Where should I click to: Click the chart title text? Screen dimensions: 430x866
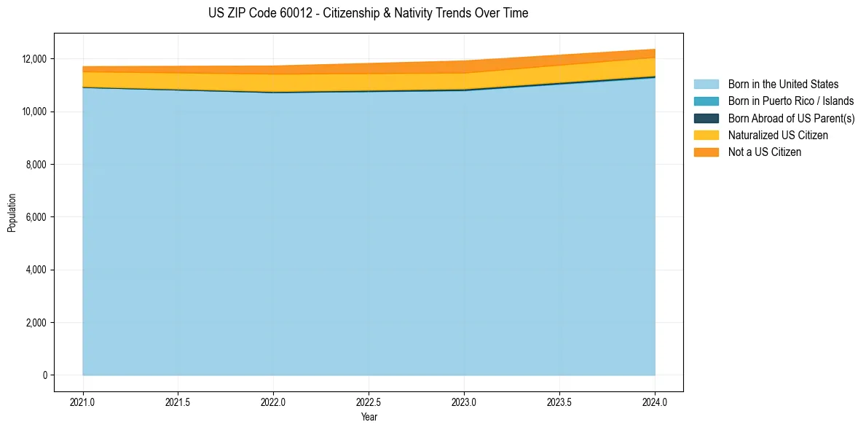[368, 13]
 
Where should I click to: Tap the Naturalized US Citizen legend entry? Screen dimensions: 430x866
[778, 136]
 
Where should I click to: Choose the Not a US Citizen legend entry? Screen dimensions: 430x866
[765, 152]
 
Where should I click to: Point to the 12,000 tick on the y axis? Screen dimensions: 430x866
[34, 59]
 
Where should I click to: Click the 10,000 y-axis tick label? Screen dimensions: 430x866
[34, 112]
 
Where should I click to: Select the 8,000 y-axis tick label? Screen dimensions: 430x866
[36, 165]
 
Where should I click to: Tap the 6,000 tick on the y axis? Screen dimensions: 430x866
[36, 217]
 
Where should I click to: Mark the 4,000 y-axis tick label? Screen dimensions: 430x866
[36, 270]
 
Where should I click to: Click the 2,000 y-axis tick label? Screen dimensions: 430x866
[36, 323]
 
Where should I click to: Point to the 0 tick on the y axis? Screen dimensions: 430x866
[44, 375]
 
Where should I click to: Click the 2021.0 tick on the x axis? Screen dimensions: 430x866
[82, 402]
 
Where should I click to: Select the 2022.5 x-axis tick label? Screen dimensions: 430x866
[369, 402]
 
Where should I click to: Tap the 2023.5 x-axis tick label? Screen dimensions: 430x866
[559, 402]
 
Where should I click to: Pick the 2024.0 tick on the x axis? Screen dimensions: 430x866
[655, 402]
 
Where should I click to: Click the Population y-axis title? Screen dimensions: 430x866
[12, 213]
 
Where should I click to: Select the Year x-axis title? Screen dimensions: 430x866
[369, 417]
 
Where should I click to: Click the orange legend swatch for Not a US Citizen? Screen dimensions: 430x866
[706, 152]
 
